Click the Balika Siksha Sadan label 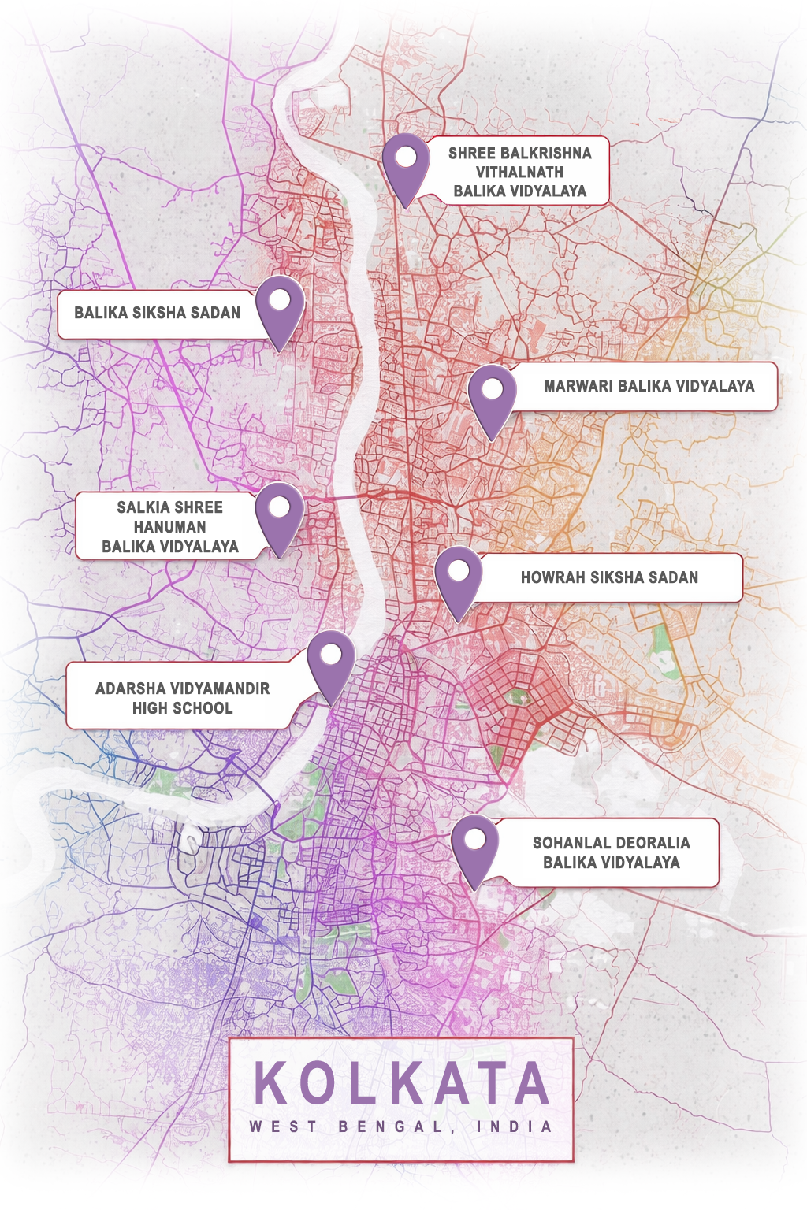coord(157,313)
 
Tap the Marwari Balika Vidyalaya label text coord(649,386)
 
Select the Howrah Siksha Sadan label coord(609,577)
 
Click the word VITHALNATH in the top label coord(519,172)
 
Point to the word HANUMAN coord(169,527)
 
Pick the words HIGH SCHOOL coord(182,708)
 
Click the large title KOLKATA coord(402,1084)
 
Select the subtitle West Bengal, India coord(401,1126)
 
